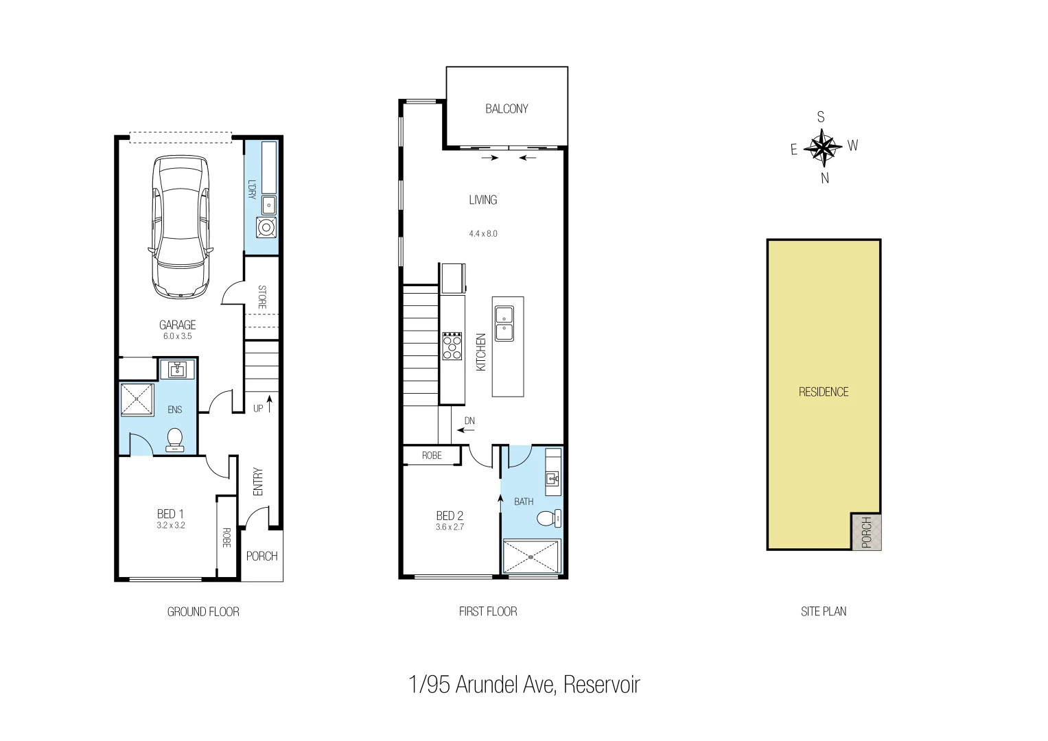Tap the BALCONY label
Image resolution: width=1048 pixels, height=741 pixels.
point(506,108)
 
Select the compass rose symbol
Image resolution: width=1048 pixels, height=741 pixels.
point(822,148)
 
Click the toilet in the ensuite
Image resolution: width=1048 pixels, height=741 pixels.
point(175,440)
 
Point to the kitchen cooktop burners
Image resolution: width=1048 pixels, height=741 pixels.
point(452,346)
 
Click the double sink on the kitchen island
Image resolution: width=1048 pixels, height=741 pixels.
point(504,323)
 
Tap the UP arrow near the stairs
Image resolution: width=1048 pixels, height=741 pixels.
point(270,403)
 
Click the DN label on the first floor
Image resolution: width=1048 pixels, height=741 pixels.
point(469,421)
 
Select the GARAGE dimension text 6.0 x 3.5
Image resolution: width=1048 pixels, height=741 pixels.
point(177,336)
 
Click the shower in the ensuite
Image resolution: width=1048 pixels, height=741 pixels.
point(137,399)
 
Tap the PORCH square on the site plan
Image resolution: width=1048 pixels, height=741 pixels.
point(866,531)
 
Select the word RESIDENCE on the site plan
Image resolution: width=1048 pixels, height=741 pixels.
point(824,392)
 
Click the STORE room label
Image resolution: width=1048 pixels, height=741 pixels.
point(261,297)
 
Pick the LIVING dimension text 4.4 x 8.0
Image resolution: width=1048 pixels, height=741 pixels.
point(483,233)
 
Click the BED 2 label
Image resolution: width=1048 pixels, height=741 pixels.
point(450,515)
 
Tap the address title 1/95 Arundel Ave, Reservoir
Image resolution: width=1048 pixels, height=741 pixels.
point(524,684)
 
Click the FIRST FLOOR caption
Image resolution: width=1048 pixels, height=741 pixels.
point(488,611)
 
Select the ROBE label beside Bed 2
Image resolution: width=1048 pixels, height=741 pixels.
point(432,456)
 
